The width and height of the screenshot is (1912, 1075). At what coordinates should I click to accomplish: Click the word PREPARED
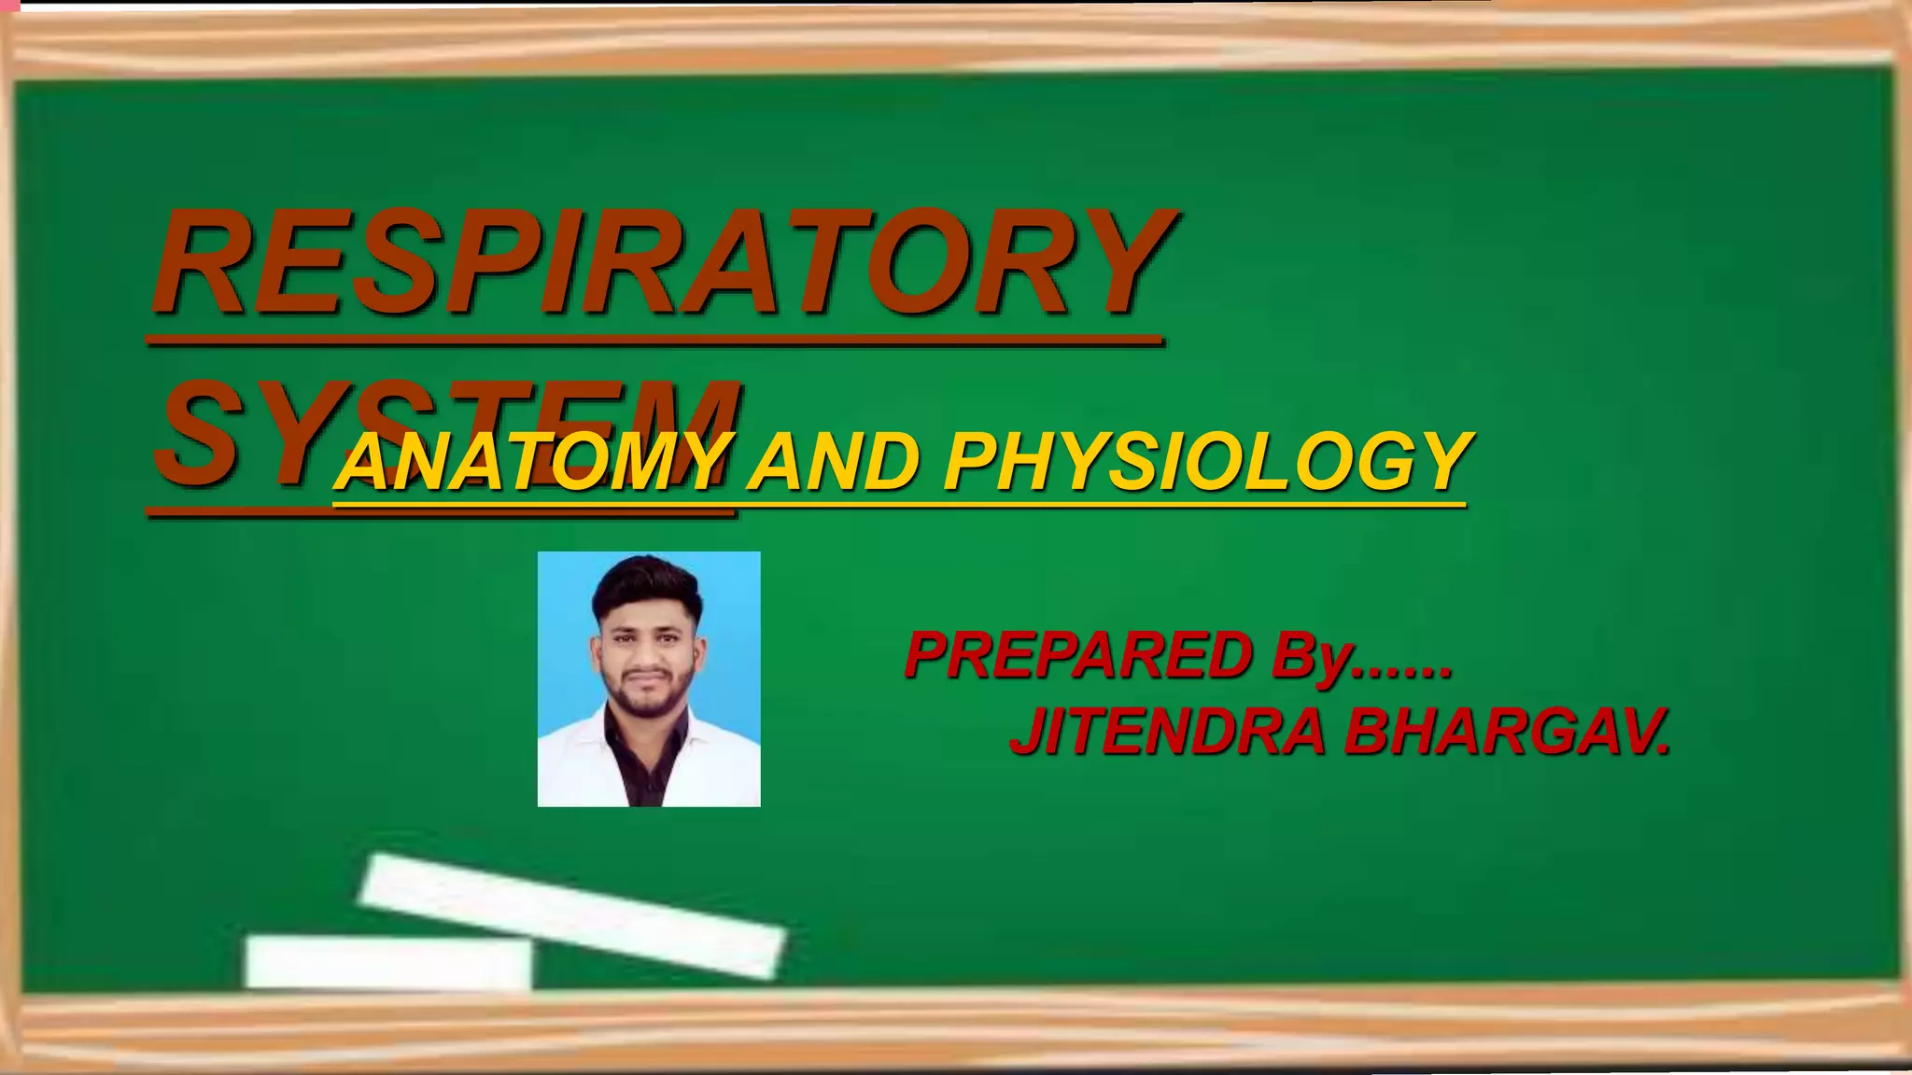1078,655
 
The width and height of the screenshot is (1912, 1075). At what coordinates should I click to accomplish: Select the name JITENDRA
1167,732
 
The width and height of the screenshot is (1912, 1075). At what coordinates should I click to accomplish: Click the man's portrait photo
649,678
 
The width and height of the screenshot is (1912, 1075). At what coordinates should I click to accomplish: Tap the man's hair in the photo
646,583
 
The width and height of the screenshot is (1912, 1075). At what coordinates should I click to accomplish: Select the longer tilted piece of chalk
572,914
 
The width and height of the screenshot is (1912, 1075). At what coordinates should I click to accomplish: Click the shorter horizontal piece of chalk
387,962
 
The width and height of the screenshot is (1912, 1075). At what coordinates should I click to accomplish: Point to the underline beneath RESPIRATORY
654,342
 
